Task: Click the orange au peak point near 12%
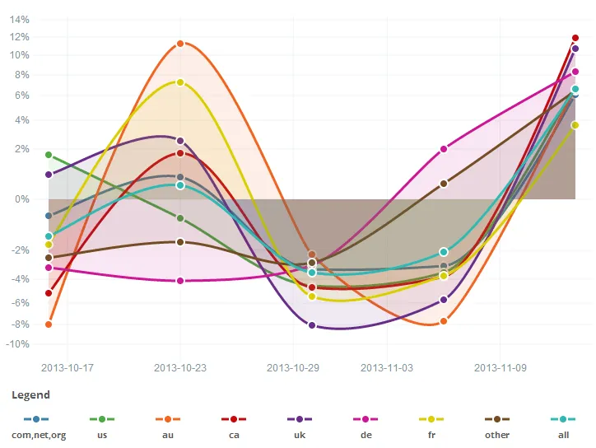[180, 44]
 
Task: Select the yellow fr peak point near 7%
[180, 82]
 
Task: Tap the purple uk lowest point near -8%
[312, 325]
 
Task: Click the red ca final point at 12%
[575, 38]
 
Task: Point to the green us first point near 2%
[49, 155]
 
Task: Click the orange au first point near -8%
[49, 324]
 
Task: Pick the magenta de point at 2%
[444, 149]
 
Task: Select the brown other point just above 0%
[444, 184]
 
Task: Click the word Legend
[30, 395]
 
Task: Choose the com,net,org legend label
[38, 435]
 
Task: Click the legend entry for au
[168, 435]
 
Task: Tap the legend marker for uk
[300, 419]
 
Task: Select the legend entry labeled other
[497, 435]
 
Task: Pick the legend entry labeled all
[563, 435]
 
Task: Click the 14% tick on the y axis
[20, 19]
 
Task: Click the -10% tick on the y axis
[18, 344]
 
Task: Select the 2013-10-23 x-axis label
[180, 367]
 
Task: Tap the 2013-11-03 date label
[387, 367]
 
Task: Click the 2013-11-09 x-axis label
[501, 367]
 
